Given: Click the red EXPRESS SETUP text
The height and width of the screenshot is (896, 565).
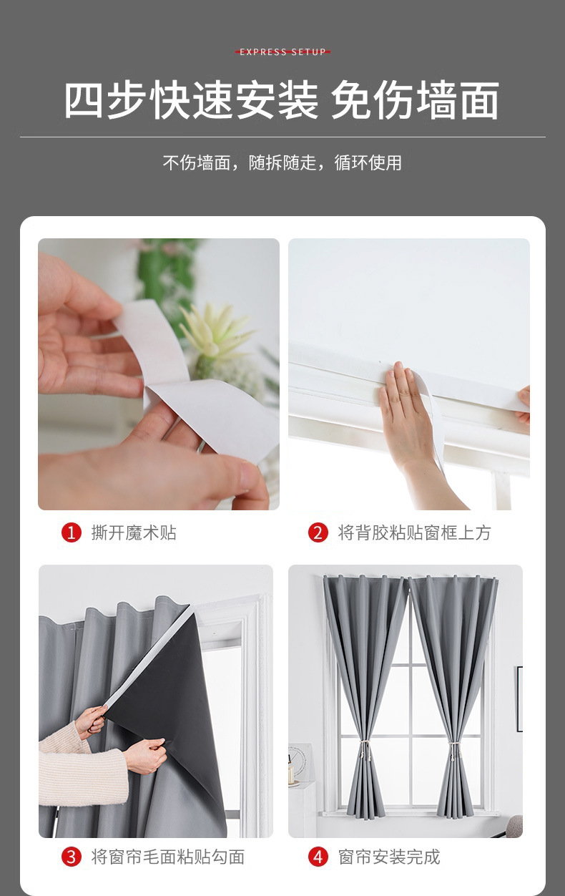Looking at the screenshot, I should (282, 52).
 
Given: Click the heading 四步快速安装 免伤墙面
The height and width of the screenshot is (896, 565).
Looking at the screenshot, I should (282, 100).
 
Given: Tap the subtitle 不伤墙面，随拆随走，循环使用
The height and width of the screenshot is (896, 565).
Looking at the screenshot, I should (282, 162).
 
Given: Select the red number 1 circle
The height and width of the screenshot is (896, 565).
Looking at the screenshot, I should (72, 532).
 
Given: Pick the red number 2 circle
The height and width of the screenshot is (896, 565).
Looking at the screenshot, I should (318, 532).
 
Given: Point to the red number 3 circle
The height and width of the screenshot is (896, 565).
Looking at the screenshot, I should (72, 857).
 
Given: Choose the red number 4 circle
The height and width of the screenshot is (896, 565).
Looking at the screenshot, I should (318, 857).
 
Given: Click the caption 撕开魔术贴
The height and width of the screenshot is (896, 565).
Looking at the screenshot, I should (134, 532).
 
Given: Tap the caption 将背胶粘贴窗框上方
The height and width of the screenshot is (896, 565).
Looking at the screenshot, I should (414, 532).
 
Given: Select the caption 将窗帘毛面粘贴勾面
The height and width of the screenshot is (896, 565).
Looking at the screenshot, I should (168, 857).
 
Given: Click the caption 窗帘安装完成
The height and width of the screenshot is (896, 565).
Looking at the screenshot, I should (389, 857).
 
